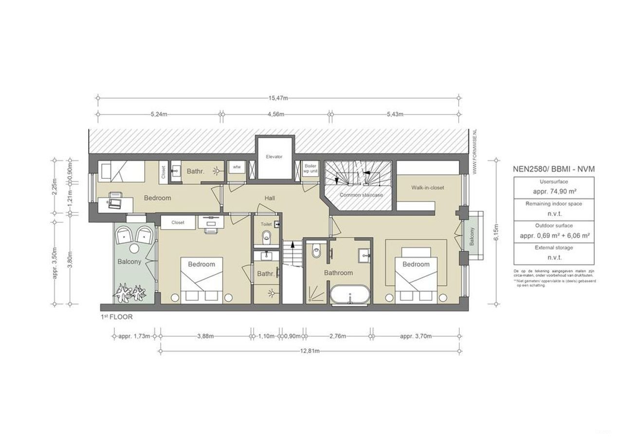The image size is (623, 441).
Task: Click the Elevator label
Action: click(274, 157)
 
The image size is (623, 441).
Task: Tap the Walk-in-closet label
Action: click(427, 188)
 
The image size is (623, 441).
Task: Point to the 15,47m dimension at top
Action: click(278, 98)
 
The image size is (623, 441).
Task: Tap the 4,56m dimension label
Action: click(275, 115)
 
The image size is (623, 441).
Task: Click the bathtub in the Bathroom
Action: click(350, 296)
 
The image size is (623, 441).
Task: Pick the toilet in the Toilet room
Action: click(266, 238)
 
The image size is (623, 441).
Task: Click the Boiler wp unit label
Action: click(310, 169)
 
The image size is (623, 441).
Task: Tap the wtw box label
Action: click(237, 167)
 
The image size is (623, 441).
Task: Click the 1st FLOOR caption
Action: click(116, 317)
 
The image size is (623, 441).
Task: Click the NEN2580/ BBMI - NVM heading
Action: click(554, 169)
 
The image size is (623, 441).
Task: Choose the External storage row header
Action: click(553, 248)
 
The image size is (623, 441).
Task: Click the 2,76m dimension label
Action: click(337, 336)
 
